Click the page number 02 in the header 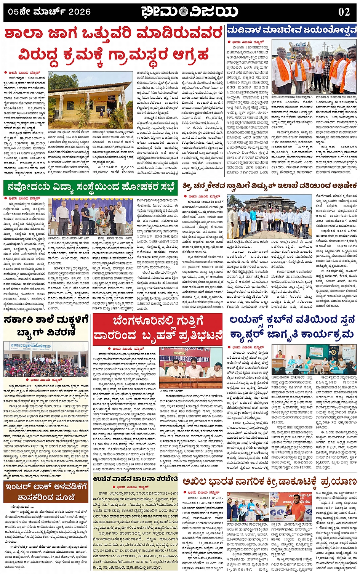344,11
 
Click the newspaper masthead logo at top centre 189,11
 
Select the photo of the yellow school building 90,101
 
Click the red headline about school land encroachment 114,43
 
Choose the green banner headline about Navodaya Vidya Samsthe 91,187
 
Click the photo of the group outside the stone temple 269,217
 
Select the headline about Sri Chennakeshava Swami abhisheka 269,186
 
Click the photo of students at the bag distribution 46,359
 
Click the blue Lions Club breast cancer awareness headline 292,327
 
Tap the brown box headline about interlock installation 46,492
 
